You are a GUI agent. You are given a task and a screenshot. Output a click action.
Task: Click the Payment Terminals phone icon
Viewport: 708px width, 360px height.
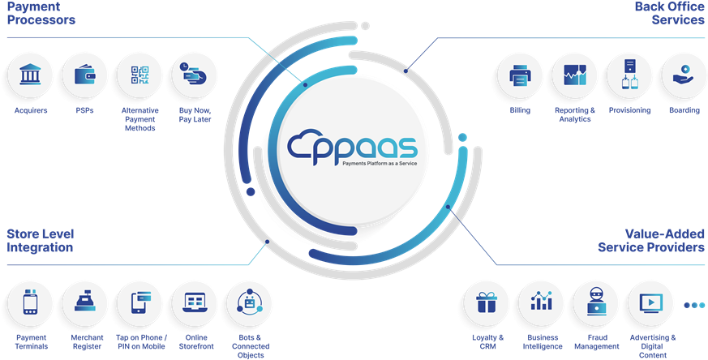coord(30,304)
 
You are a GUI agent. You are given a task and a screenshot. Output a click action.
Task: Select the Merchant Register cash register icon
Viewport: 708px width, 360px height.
coord(84,304)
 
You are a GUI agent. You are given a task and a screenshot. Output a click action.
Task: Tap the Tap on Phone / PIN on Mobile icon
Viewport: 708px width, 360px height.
coord(139,304)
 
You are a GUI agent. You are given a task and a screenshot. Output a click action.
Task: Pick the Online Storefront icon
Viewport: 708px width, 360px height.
coord(195,304)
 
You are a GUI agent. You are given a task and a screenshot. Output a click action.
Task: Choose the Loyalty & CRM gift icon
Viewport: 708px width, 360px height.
coord(487,304)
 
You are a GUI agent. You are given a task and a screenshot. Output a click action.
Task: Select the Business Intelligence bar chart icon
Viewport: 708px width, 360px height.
coord(541,304)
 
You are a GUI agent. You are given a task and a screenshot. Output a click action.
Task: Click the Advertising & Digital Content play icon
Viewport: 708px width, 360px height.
coord(651,304)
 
